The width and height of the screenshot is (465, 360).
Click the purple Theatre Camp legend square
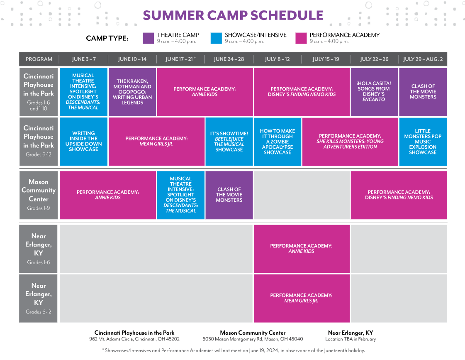[x=148, y=38]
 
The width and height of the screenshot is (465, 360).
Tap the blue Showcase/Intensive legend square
[x=216, y=38]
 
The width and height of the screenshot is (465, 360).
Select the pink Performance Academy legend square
[x=301, y=38]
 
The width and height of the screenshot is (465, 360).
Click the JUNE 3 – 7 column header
[x=84, y=59]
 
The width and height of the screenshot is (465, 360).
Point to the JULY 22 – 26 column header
[x=374, y=59]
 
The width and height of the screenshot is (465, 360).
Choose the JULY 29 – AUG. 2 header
[x=423, y=59]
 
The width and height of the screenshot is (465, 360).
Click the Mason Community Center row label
[x=39, y=195]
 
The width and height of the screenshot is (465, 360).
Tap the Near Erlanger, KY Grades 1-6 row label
[x=39, y=249]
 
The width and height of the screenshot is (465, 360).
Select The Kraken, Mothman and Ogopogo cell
[x=132, y=92]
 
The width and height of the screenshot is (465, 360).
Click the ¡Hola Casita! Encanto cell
[x=374, y=92]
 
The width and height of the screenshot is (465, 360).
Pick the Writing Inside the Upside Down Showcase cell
[x=84, y=142]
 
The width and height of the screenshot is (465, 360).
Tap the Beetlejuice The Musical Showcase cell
[x=229, y=142]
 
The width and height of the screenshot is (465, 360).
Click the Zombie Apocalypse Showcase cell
[x=278, y=142]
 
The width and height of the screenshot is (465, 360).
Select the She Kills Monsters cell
[x=350, y=142]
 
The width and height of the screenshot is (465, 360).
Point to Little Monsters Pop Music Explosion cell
[x=423, y=142]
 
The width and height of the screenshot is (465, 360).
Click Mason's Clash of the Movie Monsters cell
[x=229, y=195]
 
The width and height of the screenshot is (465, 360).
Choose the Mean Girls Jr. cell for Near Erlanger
[x=302, y=298]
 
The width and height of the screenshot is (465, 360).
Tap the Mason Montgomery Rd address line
[x=253, y=339]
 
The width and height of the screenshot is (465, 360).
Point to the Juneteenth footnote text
[x=234, y=350]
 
